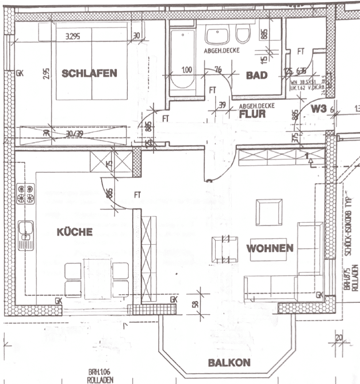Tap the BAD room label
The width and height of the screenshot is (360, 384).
256,75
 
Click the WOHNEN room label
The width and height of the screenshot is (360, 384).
270,248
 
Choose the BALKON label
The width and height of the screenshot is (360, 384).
229,362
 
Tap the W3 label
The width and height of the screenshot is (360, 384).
320,108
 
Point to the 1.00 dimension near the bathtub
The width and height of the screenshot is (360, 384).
187,70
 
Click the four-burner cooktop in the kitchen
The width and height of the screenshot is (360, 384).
26,194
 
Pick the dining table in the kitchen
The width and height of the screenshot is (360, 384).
97,277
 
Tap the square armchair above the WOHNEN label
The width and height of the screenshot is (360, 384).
269,213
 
